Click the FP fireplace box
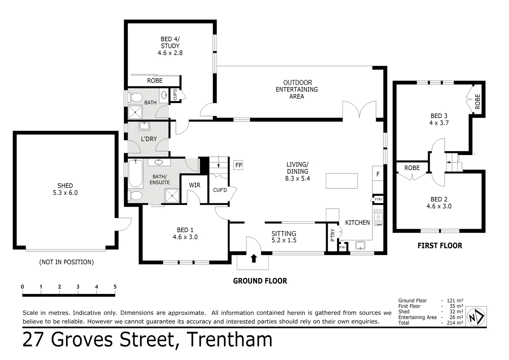point(238,165)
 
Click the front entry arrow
point(254,258)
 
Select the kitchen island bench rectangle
point(341,181)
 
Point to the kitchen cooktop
point(378,217)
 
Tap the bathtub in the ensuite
point(135,174)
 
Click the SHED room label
point(65,186)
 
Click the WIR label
point(195,185)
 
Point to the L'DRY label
point(149,139)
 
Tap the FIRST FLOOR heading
point(440,246)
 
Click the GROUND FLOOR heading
point(260,281)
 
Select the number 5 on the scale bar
point(115,287)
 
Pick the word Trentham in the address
point(230,340)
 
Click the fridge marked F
point(378,174)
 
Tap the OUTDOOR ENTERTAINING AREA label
point(296,89)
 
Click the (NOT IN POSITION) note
point(66,262)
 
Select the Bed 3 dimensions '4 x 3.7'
point(439,123)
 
